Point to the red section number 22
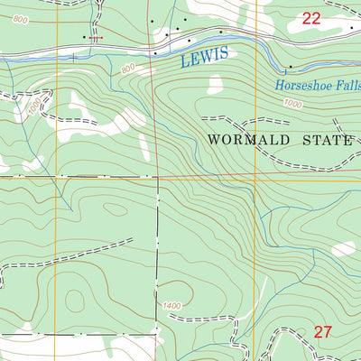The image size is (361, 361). point(311,18)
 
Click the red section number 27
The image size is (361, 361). point(323,332)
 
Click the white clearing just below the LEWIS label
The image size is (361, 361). point(215,85)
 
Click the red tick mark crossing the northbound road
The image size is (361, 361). point(98,37)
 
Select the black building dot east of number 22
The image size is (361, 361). point(351,29)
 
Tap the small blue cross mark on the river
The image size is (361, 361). point(73,58)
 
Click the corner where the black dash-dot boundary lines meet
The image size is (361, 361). point(158,177)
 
